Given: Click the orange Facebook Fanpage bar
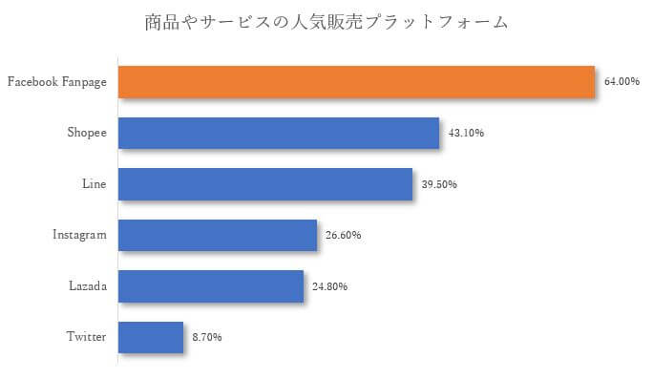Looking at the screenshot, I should [x=356, y=82].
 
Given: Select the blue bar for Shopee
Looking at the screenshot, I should [x=278, y=133].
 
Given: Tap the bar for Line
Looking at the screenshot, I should [x=264, y=184].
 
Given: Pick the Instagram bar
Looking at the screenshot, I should [x=217, y=235].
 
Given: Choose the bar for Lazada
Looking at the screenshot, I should [x=210, y=285].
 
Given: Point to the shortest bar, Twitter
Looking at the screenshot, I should [x=150, y=337].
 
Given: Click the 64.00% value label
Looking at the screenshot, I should [x=621, y=82].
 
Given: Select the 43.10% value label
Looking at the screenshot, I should [x=467, y=133].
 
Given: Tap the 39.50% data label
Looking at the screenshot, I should [x=440, y=184].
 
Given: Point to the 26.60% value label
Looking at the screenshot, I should [x=344, y=235].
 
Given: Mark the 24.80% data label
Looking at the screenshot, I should [x=330, y=286].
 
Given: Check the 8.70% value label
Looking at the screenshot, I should [x=207, y=337].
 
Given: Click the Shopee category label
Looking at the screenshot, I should [x=87, y=133].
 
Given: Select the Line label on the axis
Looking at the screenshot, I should [x=95, y=183].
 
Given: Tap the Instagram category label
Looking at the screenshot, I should [x=79, y=235].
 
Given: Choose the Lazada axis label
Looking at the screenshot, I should [x=88, y=285].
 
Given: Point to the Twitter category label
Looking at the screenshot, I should [x=86, y=337].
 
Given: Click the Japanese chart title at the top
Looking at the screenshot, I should [x=326, y=21].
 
